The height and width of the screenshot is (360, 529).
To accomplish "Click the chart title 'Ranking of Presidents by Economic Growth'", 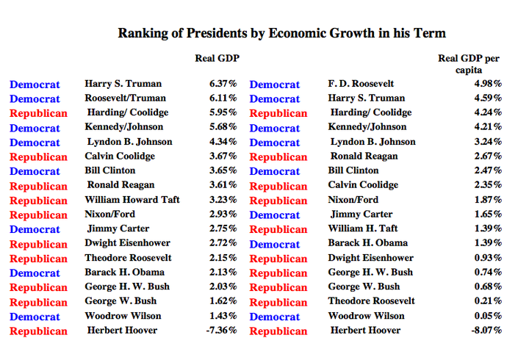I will pyautogui.click(x=281, y=33).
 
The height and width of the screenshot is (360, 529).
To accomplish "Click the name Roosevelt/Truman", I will pyautogui.click(x=125, y=98).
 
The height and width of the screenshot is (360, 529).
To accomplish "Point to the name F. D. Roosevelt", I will pyautogui.click(x=361, y=84).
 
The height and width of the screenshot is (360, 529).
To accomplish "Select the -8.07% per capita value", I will pyautogui.click(x=486, y=331).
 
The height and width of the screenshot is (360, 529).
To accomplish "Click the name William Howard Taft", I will pyautogui.click(x=132, y=200).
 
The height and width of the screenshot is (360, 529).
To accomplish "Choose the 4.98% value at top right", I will pyautogui.click(x=488, y=84).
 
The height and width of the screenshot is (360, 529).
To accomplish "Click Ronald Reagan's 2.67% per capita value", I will pyautogui.click(x=488, y=156).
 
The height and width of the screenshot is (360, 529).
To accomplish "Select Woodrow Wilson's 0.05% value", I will pyautogui.click(x=488, y=316).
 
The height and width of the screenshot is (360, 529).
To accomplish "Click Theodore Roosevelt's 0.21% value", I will pyautogui.click(x=488, y=301).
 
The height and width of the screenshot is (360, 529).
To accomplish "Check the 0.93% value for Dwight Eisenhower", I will pyautogui.click(x=488, y=258).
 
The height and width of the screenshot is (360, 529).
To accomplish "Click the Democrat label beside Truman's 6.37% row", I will pyautogui.click(x=35, y=84).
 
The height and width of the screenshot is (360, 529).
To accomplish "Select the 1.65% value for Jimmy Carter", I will pyautogui.click(x=488, y=215).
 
